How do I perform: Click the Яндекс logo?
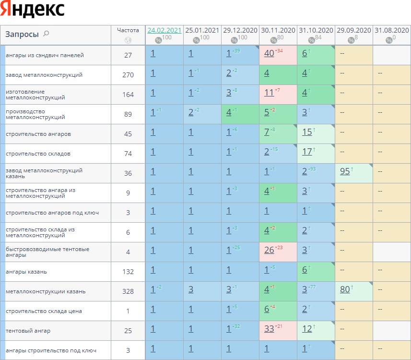33,10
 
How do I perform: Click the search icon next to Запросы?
46,34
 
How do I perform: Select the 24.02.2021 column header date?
164,30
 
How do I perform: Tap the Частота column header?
128,30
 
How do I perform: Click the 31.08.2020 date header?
391,30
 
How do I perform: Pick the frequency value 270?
128,75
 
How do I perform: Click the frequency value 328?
128,291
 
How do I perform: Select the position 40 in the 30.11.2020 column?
269,53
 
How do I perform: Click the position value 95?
345,171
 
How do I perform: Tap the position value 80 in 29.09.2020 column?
345,289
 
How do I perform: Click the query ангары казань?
26,272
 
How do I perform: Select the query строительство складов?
38,154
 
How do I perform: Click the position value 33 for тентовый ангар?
269,329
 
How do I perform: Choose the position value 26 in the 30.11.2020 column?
269,250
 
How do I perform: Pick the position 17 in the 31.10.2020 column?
307,152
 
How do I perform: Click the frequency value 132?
128,272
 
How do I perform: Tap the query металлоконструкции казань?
46,291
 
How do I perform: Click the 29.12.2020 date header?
240,30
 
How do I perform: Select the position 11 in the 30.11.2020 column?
269,93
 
